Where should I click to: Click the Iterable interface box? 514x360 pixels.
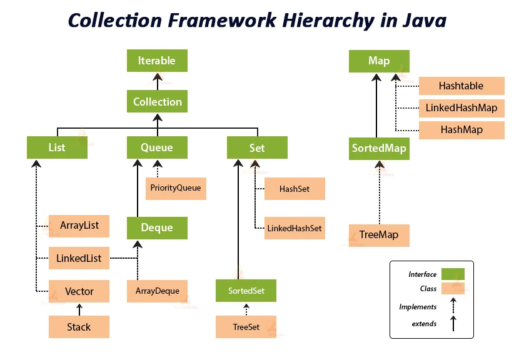(x=157, y=61)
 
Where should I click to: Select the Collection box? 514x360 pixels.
(x=157, y=102)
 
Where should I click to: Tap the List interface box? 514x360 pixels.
(x=57, y=148)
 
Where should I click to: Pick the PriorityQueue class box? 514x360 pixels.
(x=176, y=187)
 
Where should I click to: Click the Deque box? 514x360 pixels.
(x=157, y=227)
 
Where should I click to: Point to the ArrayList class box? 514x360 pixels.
(x=79, y=225)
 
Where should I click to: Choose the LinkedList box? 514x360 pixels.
(x=79, y=257)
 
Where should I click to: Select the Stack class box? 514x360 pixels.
(x=79, y=327)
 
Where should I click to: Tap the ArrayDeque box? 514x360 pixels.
(x=157, y=291)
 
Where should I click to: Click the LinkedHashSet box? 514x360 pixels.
(x=295, y=228)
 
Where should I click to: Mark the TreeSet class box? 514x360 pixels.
(x=246, y=327)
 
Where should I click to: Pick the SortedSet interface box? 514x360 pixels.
(x=246, y=291)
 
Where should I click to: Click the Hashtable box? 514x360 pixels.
(x=461, y=86)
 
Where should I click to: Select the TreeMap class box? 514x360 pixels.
(x=379, y=235)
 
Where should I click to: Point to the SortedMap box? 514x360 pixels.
(x=379, y=149)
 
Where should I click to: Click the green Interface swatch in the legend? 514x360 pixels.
(x=452, y=274)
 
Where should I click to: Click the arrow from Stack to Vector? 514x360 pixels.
(x=79, y=309)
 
